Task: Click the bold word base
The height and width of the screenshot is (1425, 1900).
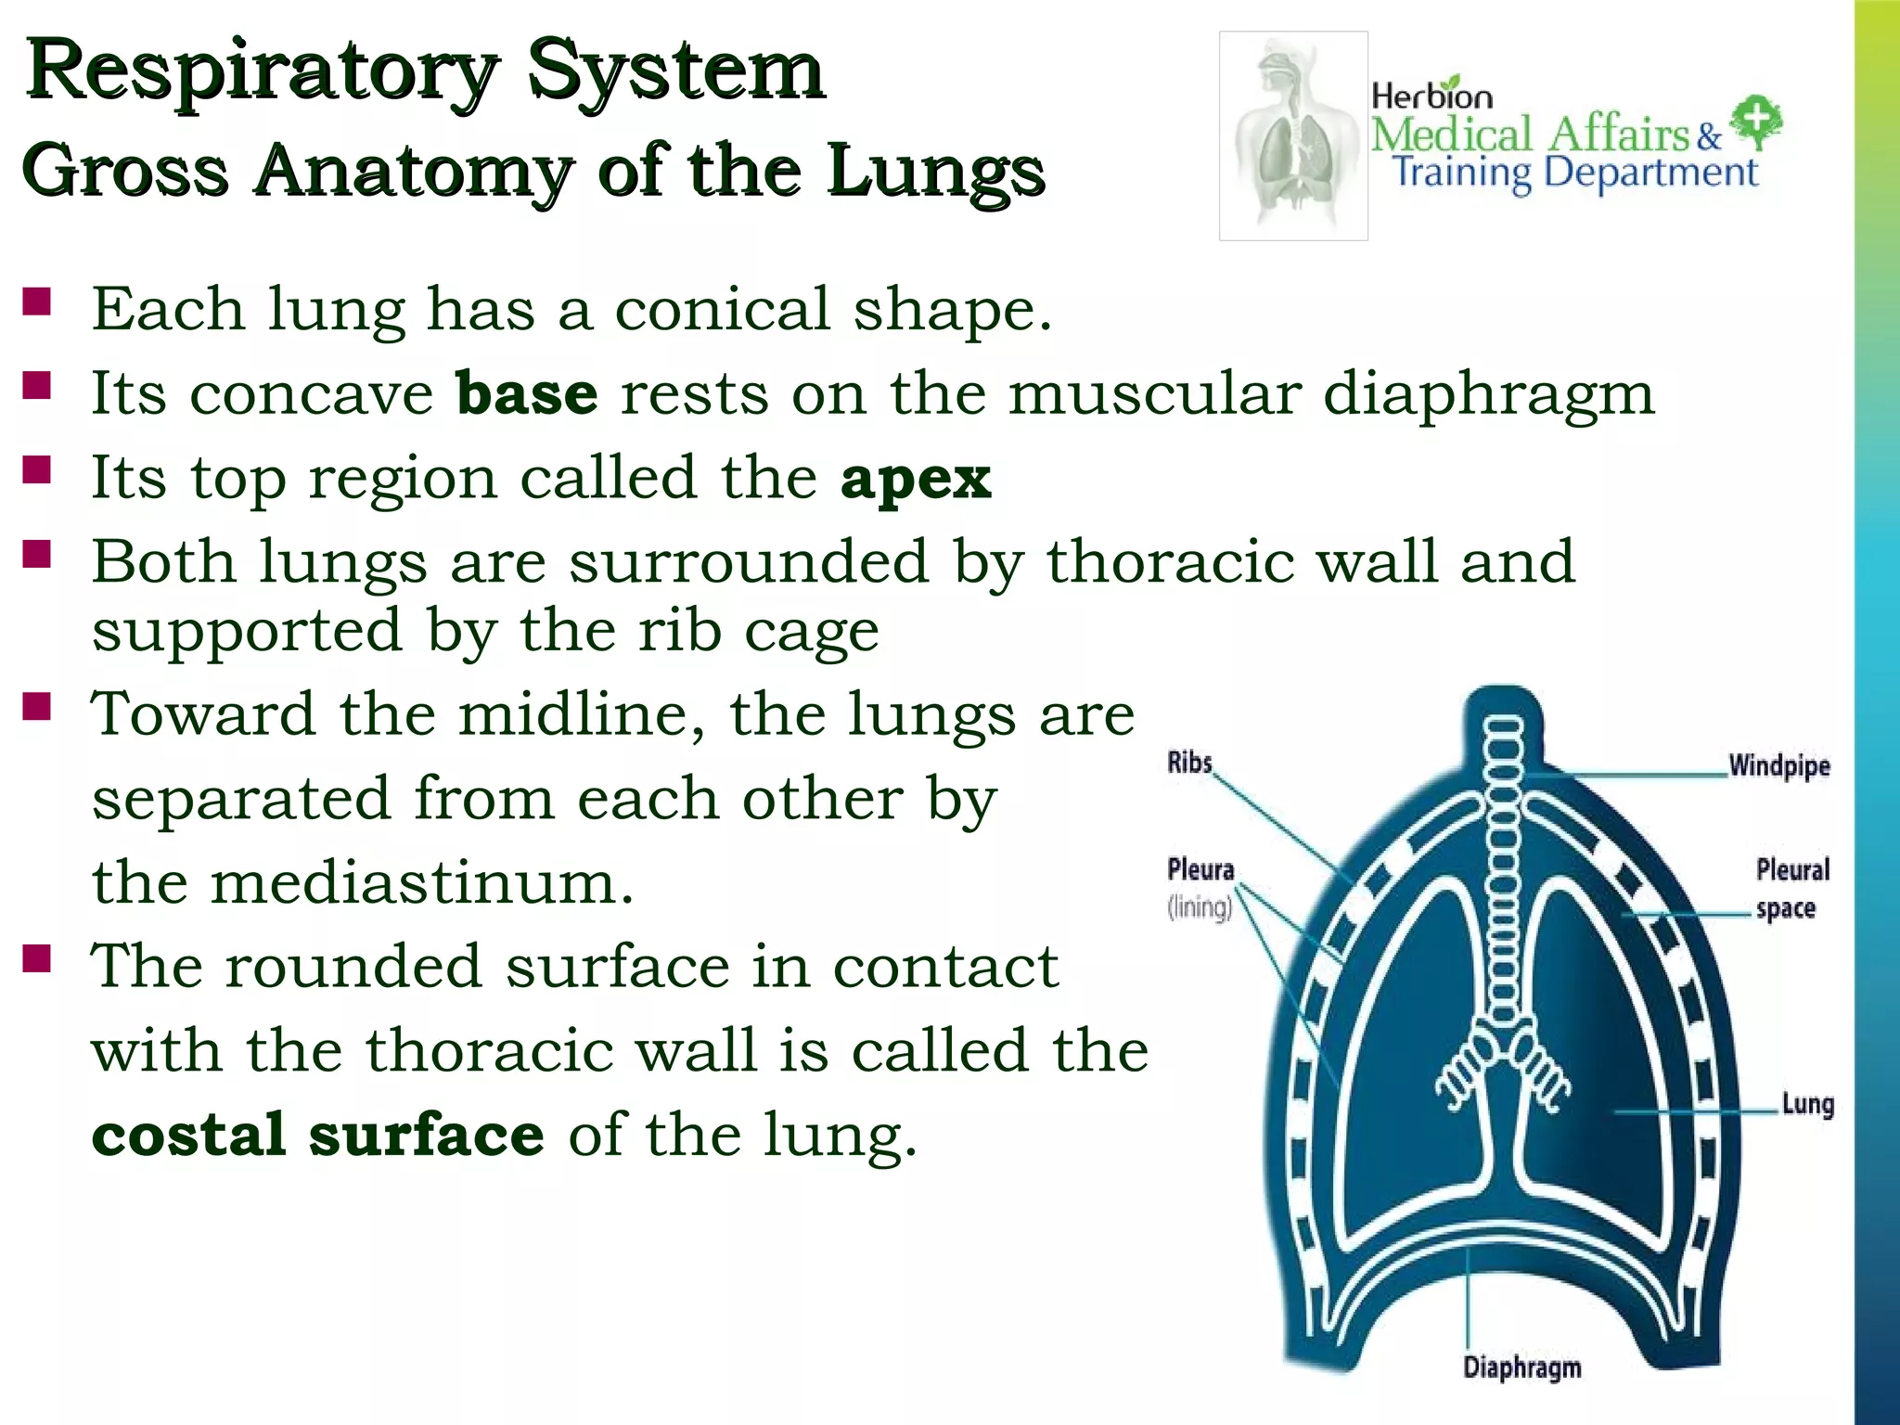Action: [x=527, y=394]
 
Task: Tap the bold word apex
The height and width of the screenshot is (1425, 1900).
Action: [x=916, y=479]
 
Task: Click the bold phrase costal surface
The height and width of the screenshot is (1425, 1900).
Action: [x=317, y=1135]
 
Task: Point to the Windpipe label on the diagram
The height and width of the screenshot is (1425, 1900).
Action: [x=1778, y=766]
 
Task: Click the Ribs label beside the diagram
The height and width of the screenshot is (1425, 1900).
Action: [x=1189, y=763]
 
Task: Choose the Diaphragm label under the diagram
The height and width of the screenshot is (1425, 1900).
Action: [x=1521, y=1367]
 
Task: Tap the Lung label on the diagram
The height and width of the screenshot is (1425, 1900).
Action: [x=1807, y=1104]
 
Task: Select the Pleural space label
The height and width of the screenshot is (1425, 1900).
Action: [x=1791, y=889]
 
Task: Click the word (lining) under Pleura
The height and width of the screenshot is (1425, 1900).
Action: [x=1200, y=906]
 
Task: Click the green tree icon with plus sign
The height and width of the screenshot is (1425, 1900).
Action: [x=1756, y=122]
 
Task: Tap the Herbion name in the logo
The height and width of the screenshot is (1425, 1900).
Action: [x=1431, y=95]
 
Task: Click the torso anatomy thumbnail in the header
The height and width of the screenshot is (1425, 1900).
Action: [x=1293, y=135]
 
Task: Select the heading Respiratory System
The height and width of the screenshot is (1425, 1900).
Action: [x=425, y=71]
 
